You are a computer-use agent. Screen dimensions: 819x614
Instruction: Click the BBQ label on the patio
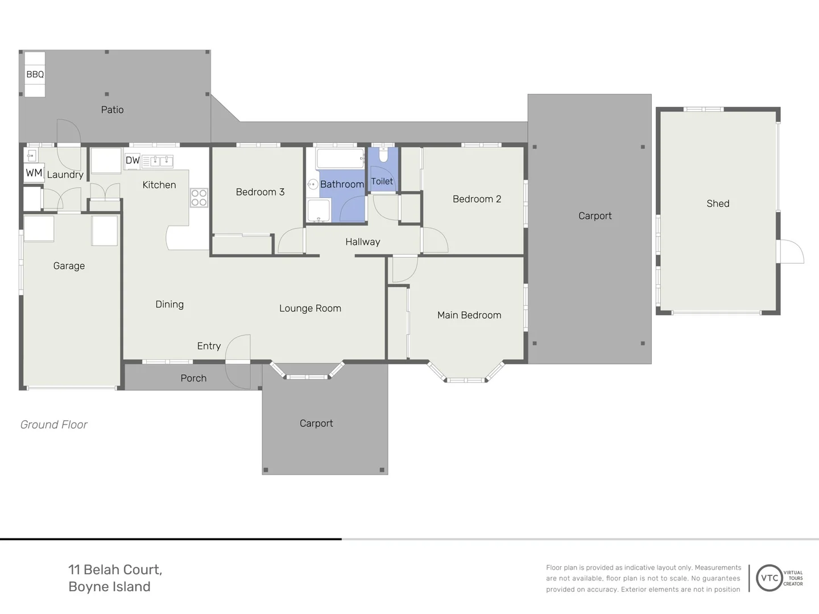[x=35, y=74]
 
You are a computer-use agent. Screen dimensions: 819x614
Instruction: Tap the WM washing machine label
[x=34, y=173]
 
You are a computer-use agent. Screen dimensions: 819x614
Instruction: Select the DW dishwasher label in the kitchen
[x=133, y=161]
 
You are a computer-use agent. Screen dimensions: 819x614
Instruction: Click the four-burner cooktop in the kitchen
[x=199, y=198]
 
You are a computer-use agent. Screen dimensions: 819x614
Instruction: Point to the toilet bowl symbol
[x=383, y=155]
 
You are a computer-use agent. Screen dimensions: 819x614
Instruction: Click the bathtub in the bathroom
[x=340, y=159]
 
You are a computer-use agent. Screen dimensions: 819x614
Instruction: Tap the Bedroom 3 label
[x=260, y=192]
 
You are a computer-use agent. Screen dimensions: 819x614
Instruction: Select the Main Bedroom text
[x=469, y=315]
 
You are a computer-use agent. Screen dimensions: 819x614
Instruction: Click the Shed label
[x=718, y=204]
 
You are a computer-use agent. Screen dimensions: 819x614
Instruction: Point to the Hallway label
[x=363, y=242]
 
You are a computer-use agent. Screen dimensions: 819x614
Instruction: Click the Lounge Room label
[x=310, y=308]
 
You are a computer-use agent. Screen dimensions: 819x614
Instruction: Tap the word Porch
[x=193, y=379]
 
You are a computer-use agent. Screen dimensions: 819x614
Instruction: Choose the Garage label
[x=69, y=266]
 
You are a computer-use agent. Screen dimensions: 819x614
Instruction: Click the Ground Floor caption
[x=53, y=425]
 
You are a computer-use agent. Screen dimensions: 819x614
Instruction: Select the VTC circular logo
[x=769, y=578]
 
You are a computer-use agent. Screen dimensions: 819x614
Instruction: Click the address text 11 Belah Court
[x=115, y=570]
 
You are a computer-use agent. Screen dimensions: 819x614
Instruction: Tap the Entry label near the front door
[x=209, y=346]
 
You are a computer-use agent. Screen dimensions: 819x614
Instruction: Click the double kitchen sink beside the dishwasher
[x=158, y=161]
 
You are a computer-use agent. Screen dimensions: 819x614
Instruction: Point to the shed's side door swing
[x=791, y=252]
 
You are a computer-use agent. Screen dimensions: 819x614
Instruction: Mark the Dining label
[x=169, y=305]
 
